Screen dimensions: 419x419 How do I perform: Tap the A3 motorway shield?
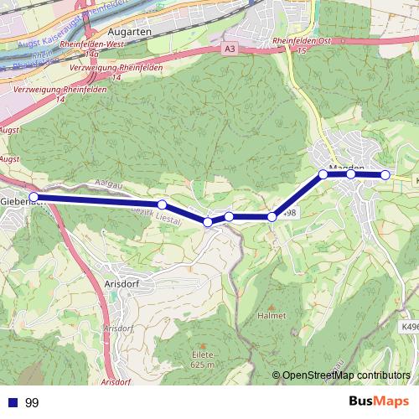click(230, 50)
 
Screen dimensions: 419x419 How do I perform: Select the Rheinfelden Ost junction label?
click(298, 42)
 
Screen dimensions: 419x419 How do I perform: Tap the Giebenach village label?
click(20, 202)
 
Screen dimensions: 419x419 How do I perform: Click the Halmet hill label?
click(272, 315)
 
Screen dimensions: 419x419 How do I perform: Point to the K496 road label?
click(409, 327)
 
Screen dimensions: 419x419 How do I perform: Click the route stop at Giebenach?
click(34, 197)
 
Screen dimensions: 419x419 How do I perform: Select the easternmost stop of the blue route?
click(385, 174)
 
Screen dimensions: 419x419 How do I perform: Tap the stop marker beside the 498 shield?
click(272, 218)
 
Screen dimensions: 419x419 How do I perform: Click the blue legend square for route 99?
click(13, 403)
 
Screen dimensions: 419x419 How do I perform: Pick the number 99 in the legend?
click(33, 403)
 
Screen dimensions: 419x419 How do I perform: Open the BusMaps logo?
click(374, 402)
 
